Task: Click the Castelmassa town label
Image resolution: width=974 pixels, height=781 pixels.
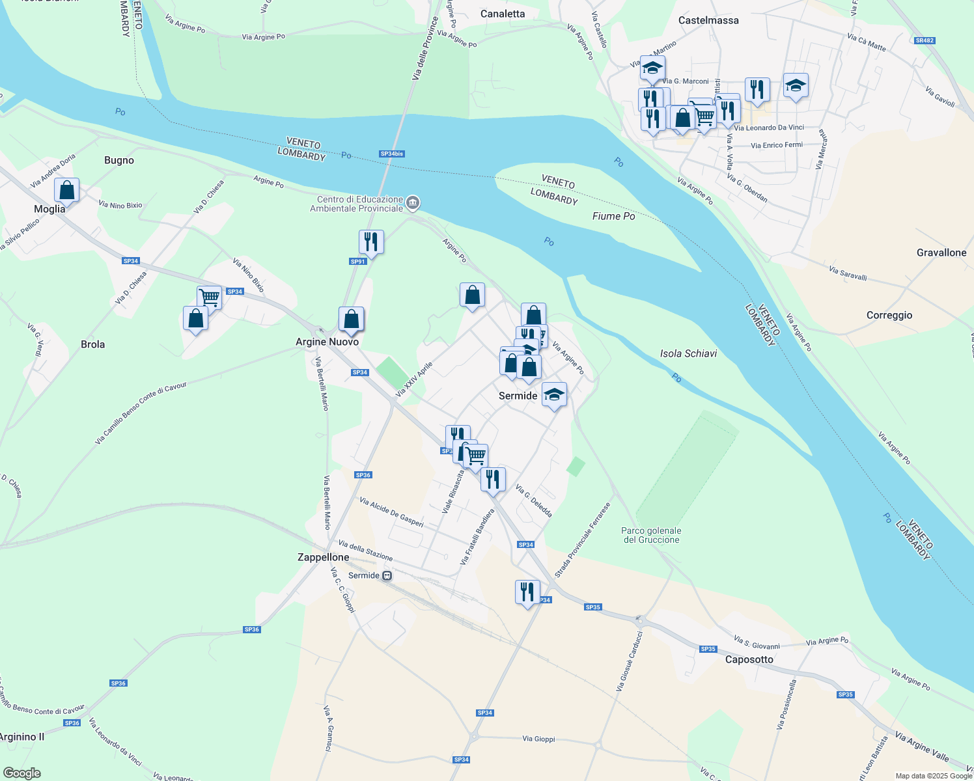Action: coord(708,20)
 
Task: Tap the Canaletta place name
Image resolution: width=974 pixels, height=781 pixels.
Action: coord(503,14)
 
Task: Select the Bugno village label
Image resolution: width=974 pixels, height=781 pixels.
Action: coord(119,160)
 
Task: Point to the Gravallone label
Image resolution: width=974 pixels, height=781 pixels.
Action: coord(941,253)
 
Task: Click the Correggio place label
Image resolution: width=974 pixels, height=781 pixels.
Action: coord(889,315)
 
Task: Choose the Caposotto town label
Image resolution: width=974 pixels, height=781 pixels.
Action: coord(749,659)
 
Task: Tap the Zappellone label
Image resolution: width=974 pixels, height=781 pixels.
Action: coord(323,557)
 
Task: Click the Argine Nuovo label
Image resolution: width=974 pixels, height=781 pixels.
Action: coord(327,342)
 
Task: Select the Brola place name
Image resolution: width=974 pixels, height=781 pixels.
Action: coord(92,344)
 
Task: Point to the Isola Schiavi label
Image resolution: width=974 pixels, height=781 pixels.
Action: coord(688,353)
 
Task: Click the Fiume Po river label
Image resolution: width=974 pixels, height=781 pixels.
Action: coord(613,216)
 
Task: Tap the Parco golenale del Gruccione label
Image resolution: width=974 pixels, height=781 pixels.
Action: coord(651,535)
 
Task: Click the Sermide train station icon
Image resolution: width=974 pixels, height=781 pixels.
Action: coord(387,575)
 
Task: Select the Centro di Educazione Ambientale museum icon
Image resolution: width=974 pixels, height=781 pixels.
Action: coord(413,204)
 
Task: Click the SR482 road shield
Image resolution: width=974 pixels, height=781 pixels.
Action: coord(924,40)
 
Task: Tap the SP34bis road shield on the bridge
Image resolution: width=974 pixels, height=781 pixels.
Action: coord(392,154)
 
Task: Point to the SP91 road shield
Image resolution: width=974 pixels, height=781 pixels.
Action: coord(358,262)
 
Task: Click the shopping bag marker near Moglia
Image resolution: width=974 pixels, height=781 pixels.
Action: coord(66,191)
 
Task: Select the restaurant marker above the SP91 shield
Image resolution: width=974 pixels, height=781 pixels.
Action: coord(371,241)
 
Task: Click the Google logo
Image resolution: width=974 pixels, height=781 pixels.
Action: coord(22,773)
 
